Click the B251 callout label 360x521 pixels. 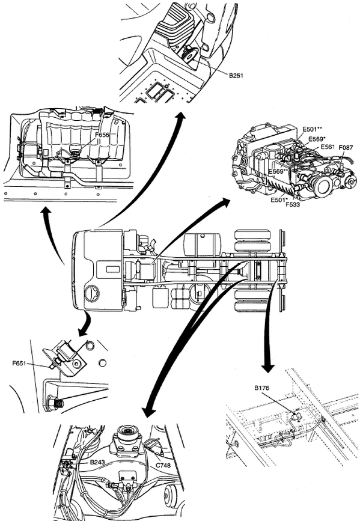pyautogui.click(x=236, y=76)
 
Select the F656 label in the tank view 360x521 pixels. pyautogui.click(x=102, y=135)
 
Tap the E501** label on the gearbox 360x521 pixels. pyautogui.click(x=313, y=129)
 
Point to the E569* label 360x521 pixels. pyautogui.click(x=317, y=139)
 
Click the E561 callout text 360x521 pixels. pyautogui.click(x=328, y=147)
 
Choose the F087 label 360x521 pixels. pyautogui.click(x=346, y=148)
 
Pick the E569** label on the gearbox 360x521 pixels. pyautogui.click(x=278, y=171)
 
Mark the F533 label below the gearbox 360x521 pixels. pyautogui.click(x=293, y=204)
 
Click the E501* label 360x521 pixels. pyautogui.click(x=279, y=200)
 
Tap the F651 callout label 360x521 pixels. pyautogui.click(x=19, y=363)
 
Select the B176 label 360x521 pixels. pyautogui.click(x=261, y=388)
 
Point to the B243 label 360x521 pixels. pyautogui.click(x=97, y=462)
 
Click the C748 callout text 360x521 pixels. pyautogui.click(x=163, y=465)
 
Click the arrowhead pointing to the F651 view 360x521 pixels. pyautogui.click(x=82, y=332)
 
